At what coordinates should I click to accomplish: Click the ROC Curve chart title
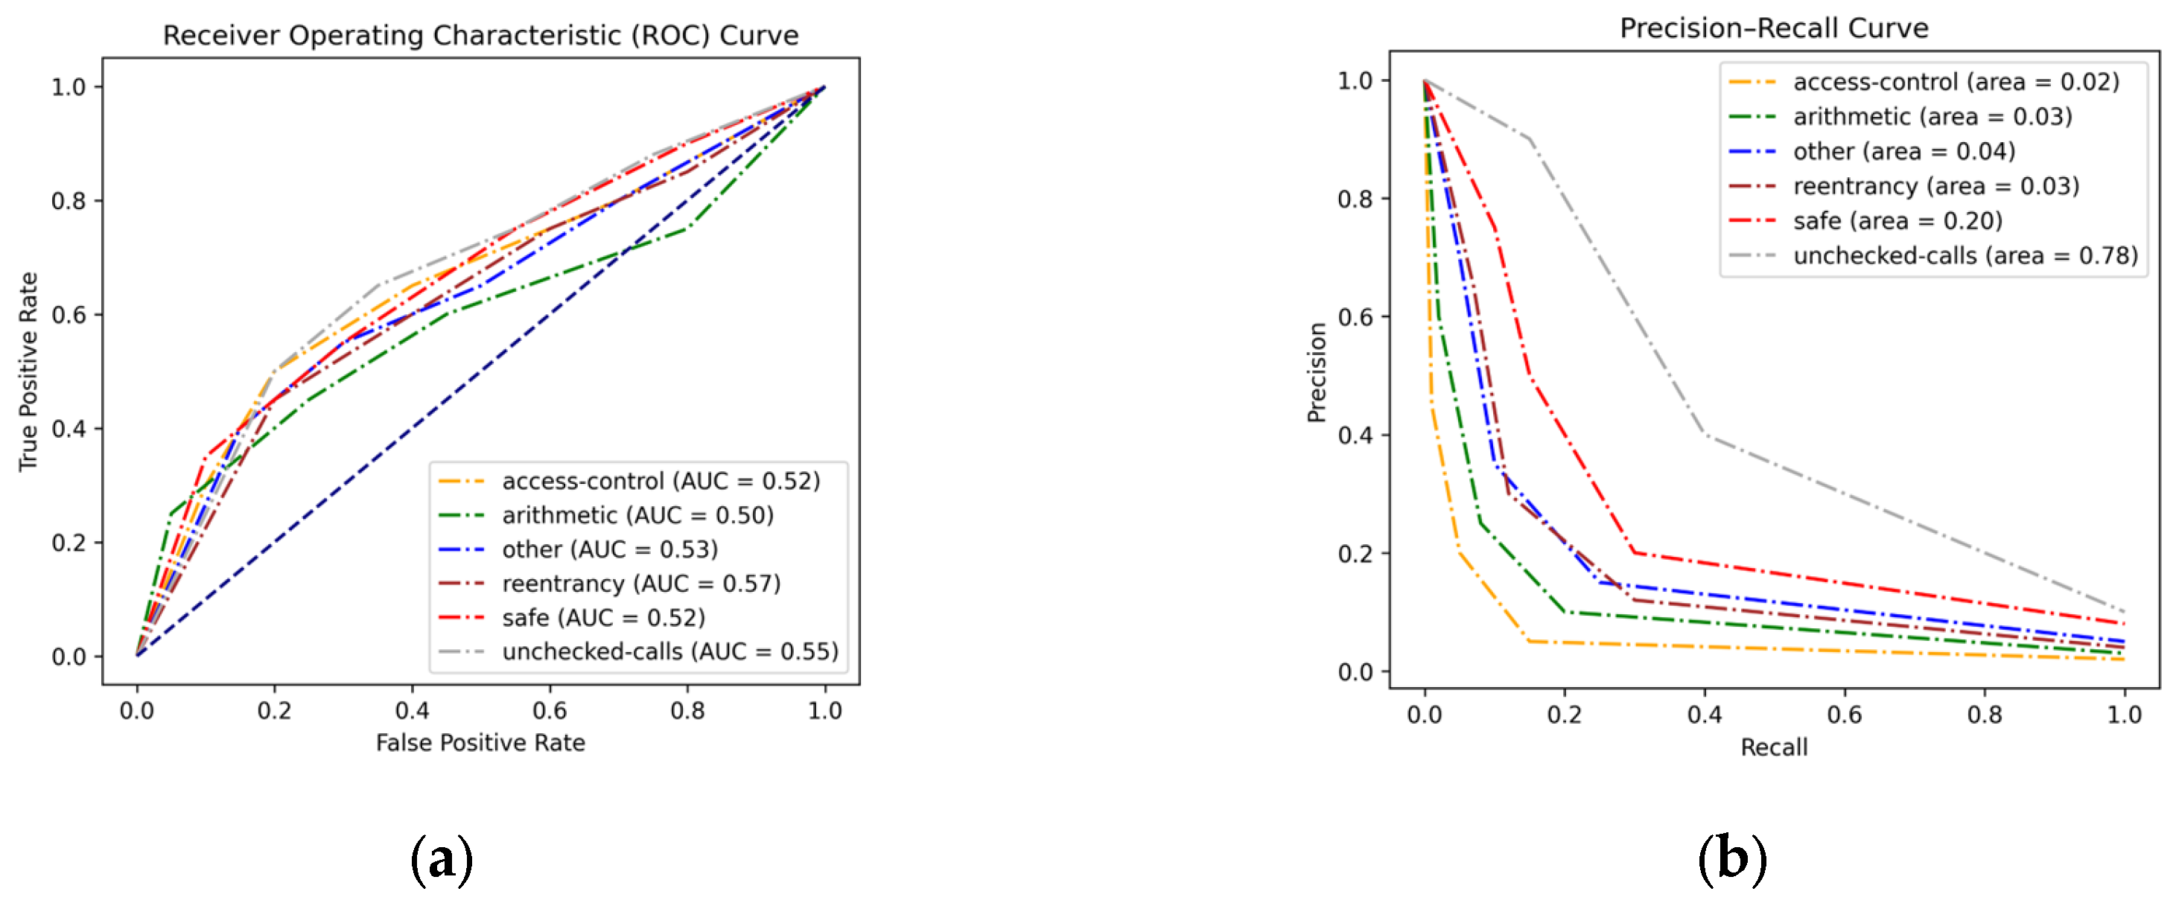(480, 36)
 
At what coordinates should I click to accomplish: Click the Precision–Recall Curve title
(1773, 29)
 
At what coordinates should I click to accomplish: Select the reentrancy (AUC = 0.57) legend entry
(640, 584)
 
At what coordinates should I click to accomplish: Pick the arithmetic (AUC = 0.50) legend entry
(636, 515)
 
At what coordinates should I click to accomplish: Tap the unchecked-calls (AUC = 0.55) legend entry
(669, 651)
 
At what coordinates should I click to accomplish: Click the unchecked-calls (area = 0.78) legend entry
(1964, 256)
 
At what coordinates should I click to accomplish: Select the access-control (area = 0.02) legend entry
(1955, 82)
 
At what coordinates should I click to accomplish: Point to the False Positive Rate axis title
(480, 742)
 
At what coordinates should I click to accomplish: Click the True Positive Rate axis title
(29, 371)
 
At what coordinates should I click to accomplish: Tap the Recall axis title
(1773, 747)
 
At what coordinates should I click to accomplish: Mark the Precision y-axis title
(1317, 372)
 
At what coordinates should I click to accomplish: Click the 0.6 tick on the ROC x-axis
(550, 711)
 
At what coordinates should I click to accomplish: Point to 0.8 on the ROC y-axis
(69, 201)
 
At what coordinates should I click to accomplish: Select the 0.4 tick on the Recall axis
(1704, 715)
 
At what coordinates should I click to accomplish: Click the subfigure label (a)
(441, 860)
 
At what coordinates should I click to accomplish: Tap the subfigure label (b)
(1731, 860)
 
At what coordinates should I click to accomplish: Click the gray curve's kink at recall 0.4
(1705, 435)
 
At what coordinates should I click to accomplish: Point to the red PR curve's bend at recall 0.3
(1635, 552)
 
